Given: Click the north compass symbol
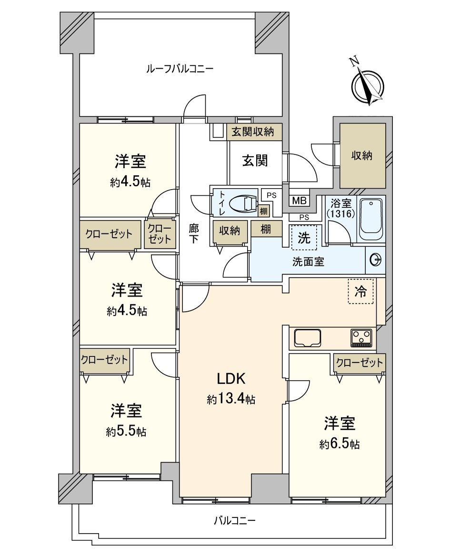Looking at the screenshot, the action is tap(368, 84).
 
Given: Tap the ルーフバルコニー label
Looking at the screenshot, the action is tap(180, 69).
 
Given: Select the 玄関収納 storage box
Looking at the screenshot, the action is tap(254, 132).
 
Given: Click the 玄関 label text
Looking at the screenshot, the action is tap(255, 161).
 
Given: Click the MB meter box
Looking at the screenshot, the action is tap(300, 201).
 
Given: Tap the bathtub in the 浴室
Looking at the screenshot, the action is tap(371, 220).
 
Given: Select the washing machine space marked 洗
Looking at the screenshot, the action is tap(304, 238).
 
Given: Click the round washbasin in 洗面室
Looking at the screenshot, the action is tap(375, 261).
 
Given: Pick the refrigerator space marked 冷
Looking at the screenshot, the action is tap(360, 292).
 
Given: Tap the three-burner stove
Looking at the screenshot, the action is tap(361, 338).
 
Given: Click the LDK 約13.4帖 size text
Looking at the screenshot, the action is tap(231, 400).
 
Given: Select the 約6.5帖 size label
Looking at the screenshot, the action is tap(340, 444).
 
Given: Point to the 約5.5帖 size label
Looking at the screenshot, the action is tap(126, 432).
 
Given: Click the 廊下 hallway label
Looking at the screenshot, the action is tap(193, 233).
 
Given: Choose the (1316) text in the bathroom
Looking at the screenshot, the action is tap(340, 214).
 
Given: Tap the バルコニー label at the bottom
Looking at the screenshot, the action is tap(234, 521).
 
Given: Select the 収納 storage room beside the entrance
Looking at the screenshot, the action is tap(362, 155).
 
